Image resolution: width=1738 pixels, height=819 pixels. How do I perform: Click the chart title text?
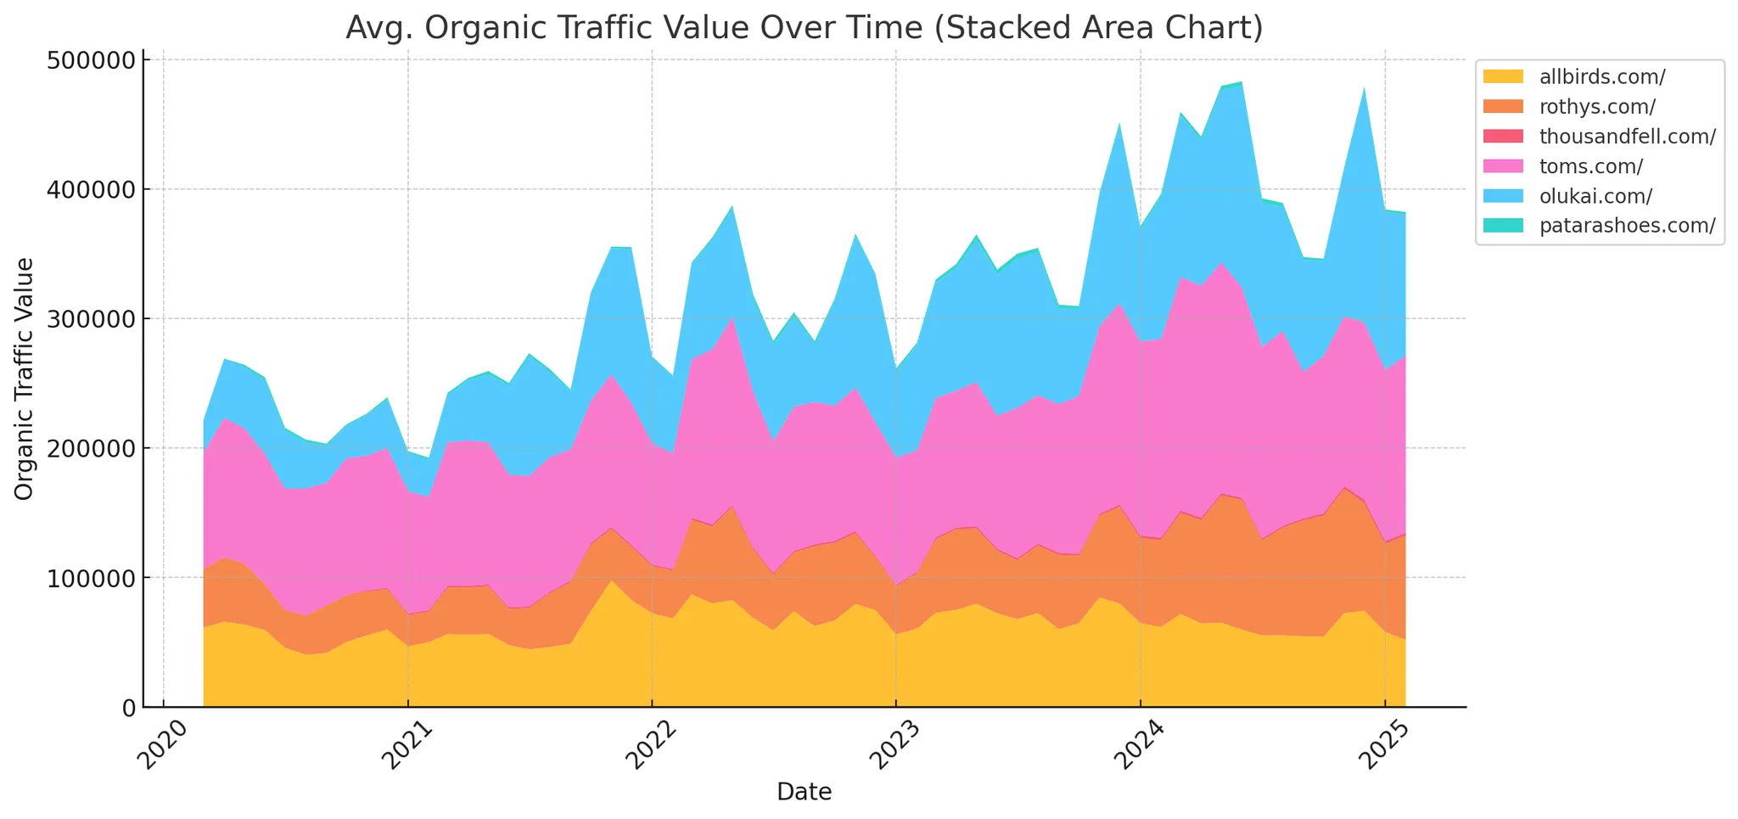coord(804,29)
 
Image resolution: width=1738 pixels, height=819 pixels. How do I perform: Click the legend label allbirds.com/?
coord(1602,76)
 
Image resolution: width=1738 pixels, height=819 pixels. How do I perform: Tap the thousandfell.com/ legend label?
coord(1628,137)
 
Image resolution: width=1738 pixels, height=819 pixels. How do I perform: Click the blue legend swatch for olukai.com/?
coord(1502,196)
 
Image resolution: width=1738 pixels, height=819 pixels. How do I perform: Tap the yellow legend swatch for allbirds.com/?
coord(1502,76)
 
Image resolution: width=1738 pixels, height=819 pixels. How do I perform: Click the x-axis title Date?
coord(804,792)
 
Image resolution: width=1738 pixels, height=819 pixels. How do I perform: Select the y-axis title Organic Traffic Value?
coord(25,379)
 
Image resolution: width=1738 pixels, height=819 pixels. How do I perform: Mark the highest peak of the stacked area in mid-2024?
coord(1242,82)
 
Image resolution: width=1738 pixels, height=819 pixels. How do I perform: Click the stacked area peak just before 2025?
coord(1364,87)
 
